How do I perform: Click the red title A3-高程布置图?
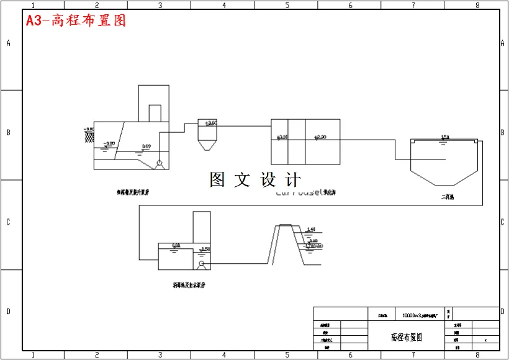coord(76,20)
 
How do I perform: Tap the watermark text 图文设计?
coord(256,180)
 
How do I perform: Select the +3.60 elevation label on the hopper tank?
coord(210,123)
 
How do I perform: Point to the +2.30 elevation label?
coord(320,137)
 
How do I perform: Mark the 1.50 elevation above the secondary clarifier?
coord(444,137)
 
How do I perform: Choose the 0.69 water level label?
coord(146,146)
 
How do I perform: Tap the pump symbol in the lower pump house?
coord(200,264)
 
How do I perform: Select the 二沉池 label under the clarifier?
coord(448,198)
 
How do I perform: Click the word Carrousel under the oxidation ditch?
coord(297,193)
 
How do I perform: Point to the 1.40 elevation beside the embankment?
coord(311,230)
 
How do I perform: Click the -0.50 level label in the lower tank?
coord(204,249)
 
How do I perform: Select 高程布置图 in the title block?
coord(407,338)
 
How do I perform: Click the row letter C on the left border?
coord(8,222)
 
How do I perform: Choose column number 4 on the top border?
coord(224,5)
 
